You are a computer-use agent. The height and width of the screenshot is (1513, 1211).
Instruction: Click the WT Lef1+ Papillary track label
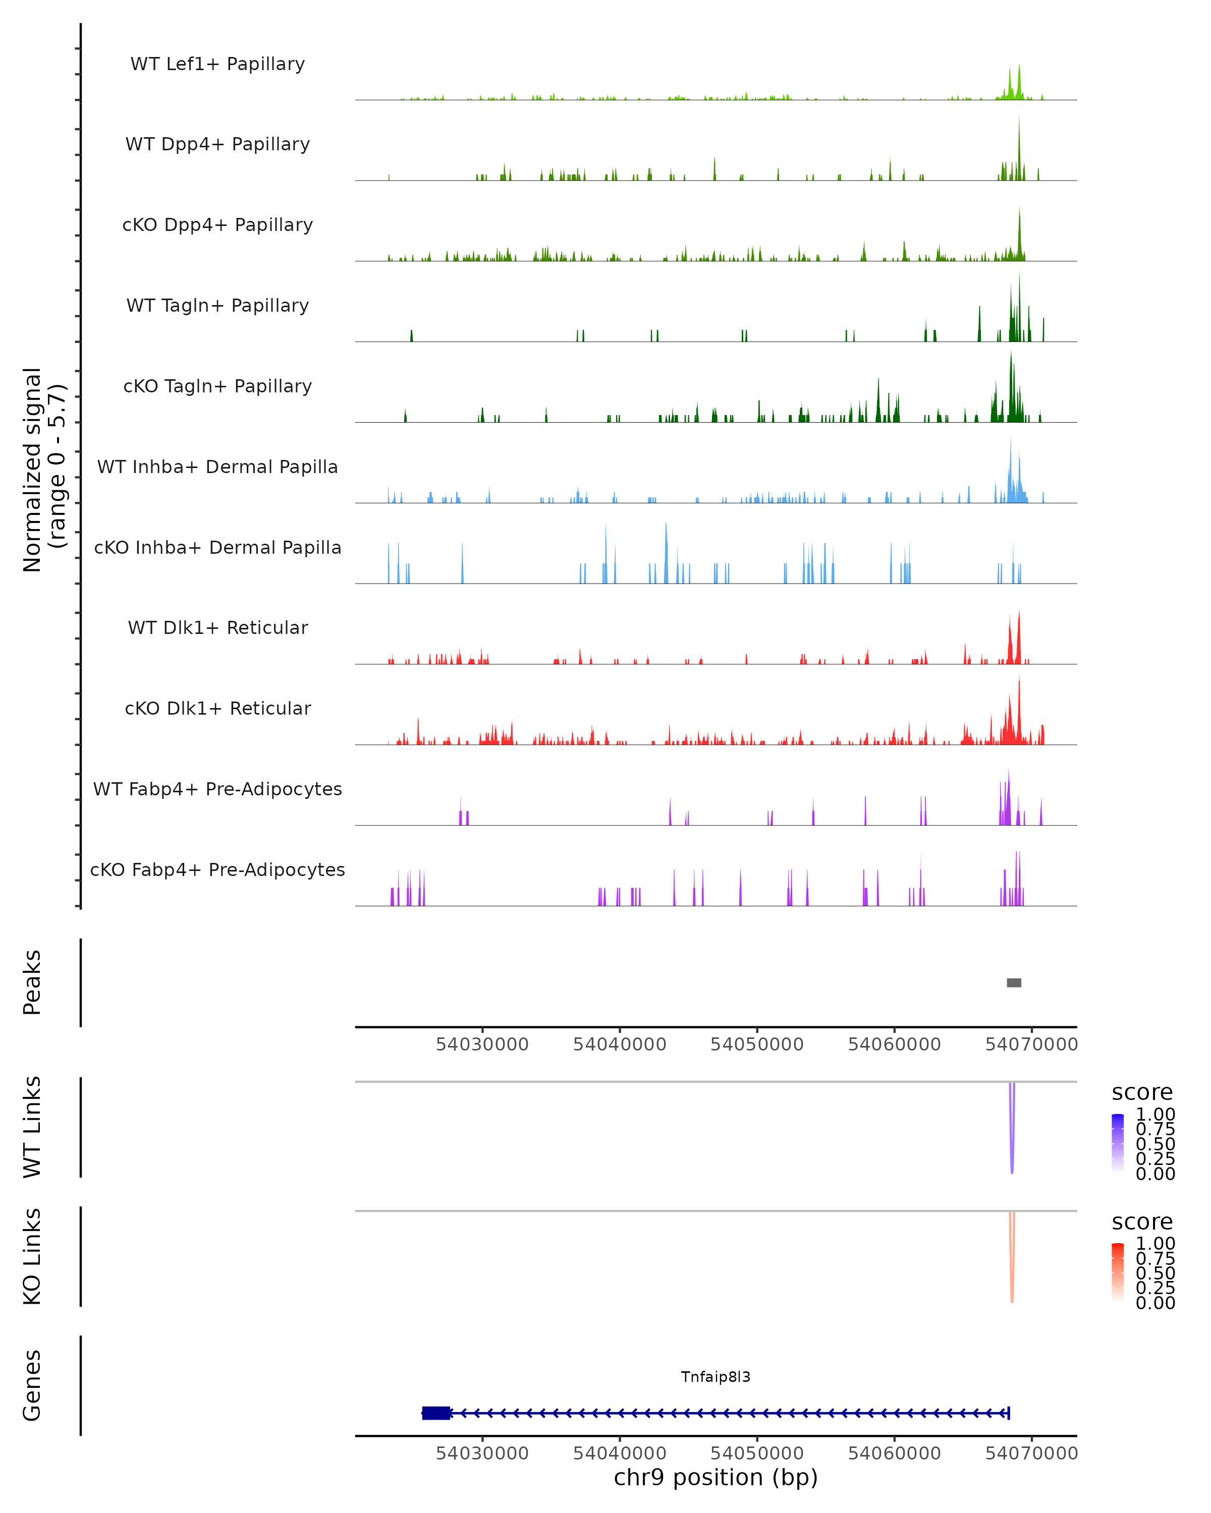[217, 64]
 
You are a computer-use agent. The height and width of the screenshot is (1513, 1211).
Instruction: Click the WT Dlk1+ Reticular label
[217, 627]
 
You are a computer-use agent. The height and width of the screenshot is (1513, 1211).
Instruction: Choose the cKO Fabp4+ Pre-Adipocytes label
[217, 869]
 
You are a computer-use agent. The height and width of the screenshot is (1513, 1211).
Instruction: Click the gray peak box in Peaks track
[1014, 982]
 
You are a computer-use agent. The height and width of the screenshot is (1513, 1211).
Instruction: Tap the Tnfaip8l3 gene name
[715, 1377]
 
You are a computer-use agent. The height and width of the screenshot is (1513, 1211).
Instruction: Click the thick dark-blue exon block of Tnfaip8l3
[436, 1413]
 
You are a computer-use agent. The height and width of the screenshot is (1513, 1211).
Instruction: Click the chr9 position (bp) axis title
[715, 1477]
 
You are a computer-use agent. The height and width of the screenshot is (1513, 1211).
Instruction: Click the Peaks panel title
[32, 982]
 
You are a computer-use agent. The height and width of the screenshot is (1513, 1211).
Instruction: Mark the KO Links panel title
[32, 1257]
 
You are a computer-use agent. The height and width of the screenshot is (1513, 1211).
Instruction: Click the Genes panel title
[32, 1385]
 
